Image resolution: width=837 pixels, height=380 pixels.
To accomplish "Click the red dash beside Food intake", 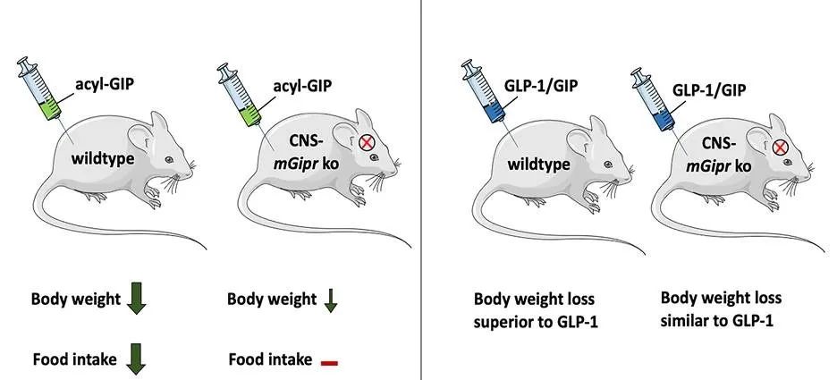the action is (x=329, y=363).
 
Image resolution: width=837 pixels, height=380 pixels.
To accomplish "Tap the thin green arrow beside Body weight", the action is (x=331, y=300).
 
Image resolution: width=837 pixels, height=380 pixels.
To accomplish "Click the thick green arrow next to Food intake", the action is (x=136, y=359).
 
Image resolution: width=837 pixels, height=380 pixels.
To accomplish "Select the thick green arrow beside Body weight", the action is (x=136, y=299).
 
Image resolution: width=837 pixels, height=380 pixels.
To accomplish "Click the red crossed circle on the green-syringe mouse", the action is (x=367, y=142).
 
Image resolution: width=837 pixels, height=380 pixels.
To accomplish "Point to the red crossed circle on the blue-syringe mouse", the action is (x=780, y=148).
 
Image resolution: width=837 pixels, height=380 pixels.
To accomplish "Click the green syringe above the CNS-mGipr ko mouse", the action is (x=240, y=95).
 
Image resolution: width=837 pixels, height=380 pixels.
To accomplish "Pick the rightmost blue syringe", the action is (x=652, y=99).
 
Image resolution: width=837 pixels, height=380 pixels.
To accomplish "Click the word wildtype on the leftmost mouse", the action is (x=103, y=158).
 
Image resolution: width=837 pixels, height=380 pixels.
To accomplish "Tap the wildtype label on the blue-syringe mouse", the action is (x=538, y=164).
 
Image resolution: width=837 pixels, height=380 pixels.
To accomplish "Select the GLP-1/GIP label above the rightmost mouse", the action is (x=709, y=90).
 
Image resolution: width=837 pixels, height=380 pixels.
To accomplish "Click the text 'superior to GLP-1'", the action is (x=536, y=323).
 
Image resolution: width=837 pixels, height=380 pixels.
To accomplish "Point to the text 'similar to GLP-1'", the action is (x=717, y=321).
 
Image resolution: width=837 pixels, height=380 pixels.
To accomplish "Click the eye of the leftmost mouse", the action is (x=169, y=159).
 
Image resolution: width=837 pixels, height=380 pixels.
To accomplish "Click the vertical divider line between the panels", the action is (x=421, y=190).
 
